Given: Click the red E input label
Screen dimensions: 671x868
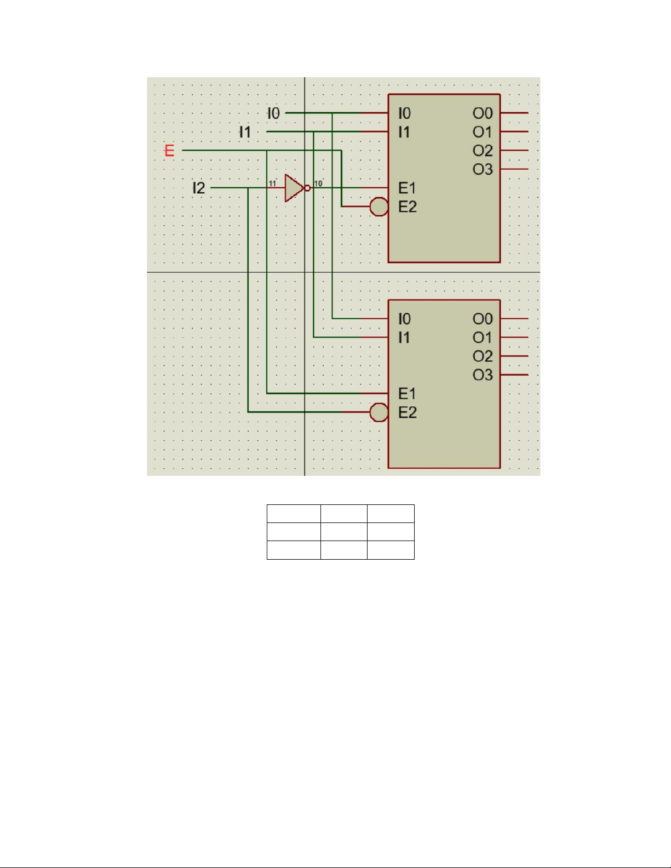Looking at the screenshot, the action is tap(169, 151).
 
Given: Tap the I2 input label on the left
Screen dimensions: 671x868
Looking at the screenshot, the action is tap(198, 188).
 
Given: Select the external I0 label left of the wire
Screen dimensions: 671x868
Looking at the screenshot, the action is tap(273, 113).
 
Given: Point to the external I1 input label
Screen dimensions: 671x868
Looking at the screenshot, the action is tap(245, 132).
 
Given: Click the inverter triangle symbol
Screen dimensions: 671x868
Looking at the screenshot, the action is tap(294, 188).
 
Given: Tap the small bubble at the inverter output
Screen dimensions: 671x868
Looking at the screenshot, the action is tap(307, 188).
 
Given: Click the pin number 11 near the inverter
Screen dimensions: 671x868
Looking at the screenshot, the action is tap(272, 183).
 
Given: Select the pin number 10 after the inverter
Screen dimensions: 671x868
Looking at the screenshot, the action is tap(318, 183).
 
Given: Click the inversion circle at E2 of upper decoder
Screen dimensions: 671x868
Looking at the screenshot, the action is tap(378, 206).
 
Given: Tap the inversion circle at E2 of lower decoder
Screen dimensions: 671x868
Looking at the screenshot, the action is tap(378, 412).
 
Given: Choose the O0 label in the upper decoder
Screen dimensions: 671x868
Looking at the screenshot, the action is tap(483, 113).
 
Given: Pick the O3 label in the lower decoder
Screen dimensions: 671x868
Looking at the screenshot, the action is tap(483, 375).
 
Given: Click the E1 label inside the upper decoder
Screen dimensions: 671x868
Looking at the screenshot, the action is tap(407, 188).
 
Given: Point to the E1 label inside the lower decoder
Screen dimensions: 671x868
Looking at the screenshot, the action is tap(407, 394).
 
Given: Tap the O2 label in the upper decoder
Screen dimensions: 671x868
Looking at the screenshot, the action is tap(483, 151).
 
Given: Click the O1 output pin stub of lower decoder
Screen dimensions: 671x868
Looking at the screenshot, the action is tap(514, 337).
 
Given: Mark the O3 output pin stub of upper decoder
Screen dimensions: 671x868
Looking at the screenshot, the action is tap(514, 169).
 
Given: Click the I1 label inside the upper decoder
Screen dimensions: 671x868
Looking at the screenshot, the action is tap(404, 132).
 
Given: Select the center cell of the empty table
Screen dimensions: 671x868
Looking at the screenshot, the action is tap(344, 532).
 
